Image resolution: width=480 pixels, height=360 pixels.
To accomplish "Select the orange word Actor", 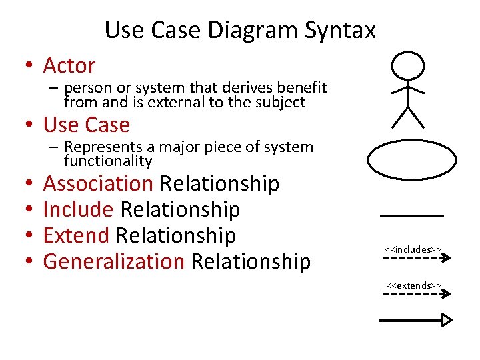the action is [x=69, y=66].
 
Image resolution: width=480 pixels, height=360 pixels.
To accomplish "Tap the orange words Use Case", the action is [x=86, y=125].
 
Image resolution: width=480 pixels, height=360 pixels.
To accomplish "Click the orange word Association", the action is [x=98, y=183].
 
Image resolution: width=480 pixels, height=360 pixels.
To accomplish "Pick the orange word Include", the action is [x=78, y=209].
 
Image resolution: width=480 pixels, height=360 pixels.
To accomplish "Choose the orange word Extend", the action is [x=76, y=235].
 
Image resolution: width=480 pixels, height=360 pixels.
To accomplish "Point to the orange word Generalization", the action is [x=113, y=261].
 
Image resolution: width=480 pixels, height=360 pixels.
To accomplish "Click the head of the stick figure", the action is [x=407, y=66].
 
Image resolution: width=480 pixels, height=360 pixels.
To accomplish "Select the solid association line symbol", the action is [x=411, y=216].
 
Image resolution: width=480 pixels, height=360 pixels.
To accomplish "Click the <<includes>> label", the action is [x=413, y=249].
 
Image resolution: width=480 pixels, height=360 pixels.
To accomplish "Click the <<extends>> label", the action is [x=413, y=285].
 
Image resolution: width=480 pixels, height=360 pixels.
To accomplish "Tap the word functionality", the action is [x=108, y=161].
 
